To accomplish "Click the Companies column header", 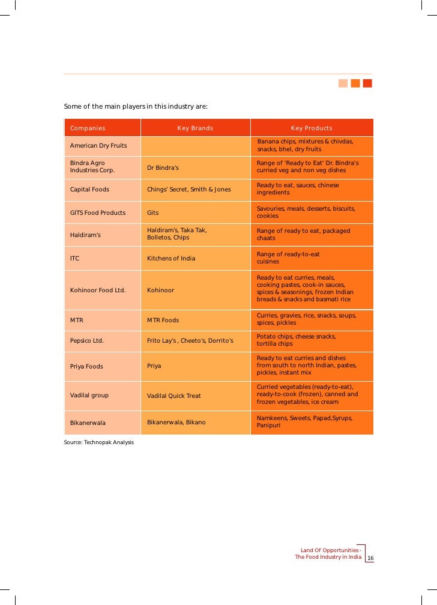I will pos(88,128).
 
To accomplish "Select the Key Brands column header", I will pos(195,128).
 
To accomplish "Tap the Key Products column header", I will pos(312,128).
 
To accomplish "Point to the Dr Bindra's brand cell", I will pos(163,167).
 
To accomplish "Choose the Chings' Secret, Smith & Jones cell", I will pos(188,190).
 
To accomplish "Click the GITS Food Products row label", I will pos(98,212).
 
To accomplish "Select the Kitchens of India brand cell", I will pos(171,259).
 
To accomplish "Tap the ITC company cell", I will pos(75,259).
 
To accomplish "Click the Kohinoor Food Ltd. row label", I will pos(98,290).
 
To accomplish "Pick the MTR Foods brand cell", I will pos(163,320).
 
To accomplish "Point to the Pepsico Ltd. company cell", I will pos(87,340).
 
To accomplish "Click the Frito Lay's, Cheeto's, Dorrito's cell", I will pos(190,340).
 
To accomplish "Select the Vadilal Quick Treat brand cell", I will pos(174,396).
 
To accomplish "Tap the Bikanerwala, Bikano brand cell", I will pos(176,423).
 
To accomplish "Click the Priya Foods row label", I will pos(86,366).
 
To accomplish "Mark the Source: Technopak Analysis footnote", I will pos(98,442).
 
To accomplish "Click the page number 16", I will pos(370,559).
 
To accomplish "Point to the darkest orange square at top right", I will pos(367,83).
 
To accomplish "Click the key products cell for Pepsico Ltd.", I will pos(297,340).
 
